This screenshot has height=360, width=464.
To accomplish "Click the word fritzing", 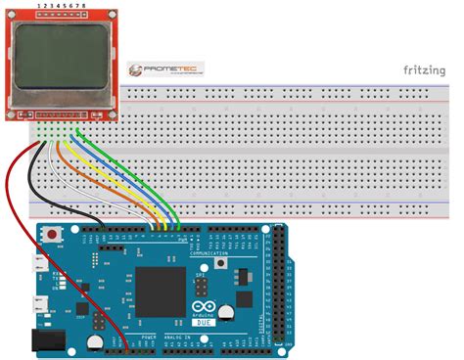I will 428,69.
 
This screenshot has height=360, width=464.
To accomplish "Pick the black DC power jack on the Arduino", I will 44,339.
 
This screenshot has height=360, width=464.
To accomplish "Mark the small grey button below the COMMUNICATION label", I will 224,266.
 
